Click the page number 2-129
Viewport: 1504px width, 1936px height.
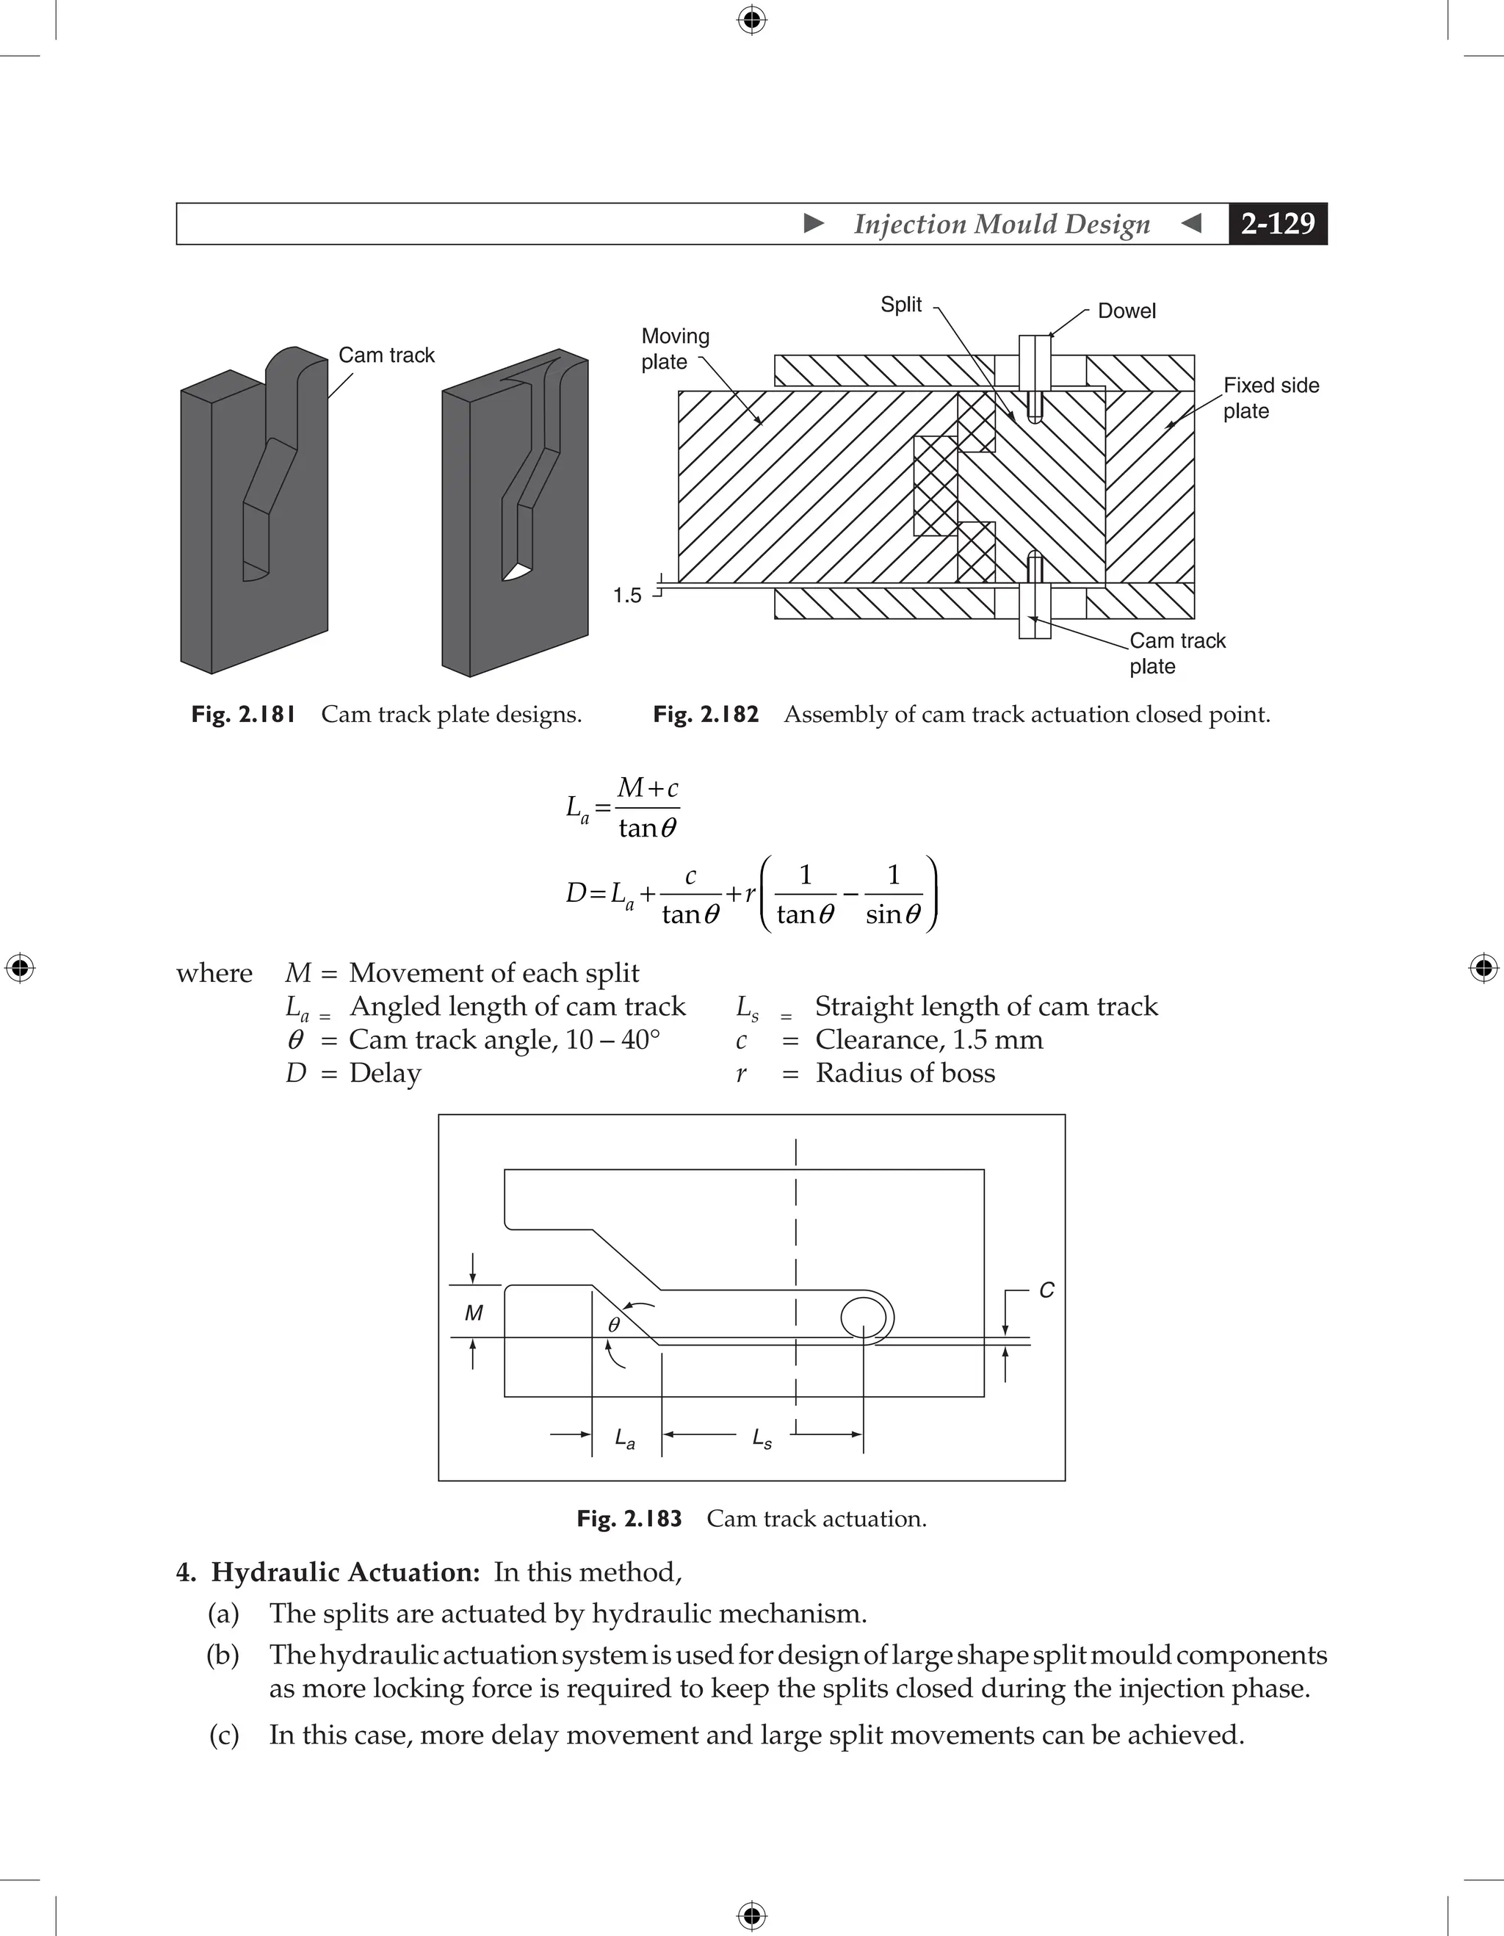1277,224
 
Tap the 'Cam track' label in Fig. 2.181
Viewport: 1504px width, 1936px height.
386,355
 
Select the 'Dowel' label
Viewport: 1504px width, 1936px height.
1127,311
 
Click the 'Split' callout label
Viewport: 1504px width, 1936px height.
900,305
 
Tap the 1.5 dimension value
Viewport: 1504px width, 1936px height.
627,596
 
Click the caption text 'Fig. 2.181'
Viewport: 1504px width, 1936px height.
243,715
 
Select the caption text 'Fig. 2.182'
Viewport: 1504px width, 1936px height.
706,715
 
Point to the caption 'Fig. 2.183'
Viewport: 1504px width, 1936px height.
629,1519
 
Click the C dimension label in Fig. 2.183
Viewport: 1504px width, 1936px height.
1046,1290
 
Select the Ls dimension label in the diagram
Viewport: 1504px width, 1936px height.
762,1438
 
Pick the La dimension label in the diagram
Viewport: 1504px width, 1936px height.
625,1438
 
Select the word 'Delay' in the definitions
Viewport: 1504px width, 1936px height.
385,1074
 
